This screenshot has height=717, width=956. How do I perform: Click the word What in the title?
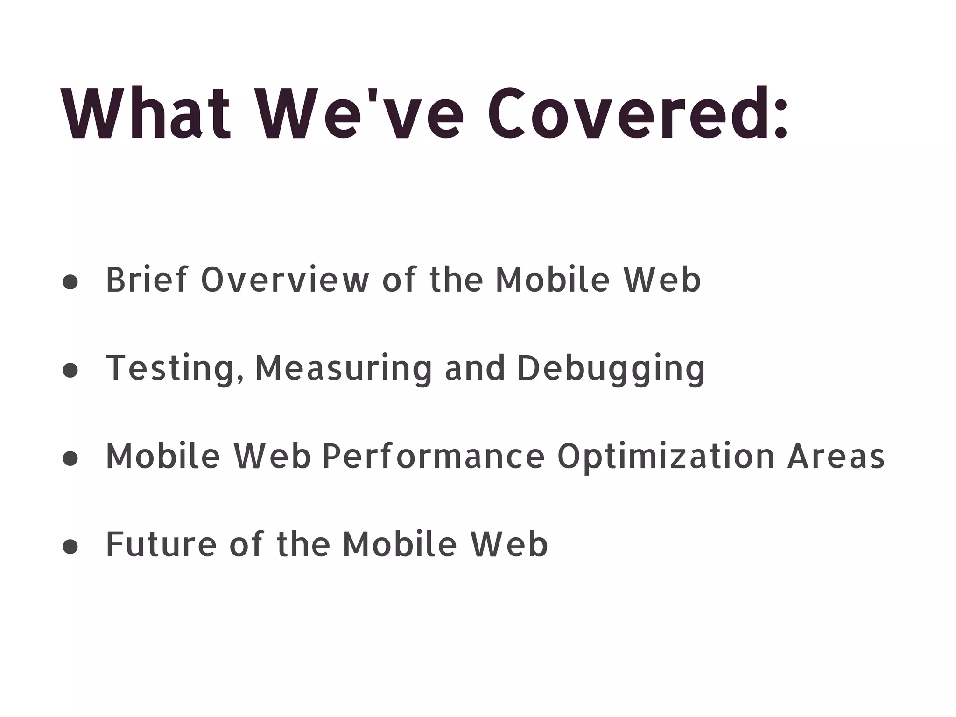pos(146,113)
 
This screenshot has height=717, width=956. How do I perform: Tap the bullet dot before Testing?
pos(70,370)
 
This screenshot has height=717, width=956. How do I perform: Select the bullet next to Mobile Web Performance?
pos(70,458)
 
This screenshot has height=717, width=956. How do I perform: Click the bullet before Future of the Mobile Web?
pos(70,546)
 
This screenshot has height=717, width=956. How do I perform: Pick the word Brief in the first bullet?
pos(146,280)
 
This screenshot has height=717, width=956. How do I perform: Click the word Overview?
pos(285,280)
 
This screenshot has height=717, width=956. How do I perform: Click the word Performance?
pos(433,457)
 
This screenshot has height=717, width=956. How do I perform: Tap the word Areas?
pos(836,457)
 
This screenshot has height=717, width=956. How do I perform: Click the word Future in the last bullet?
pos(161,545)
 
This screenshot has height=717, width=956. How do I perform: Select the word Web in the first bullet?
pos(662,280)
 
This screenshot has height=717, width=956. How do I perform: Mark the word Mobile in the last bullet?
pos(400,545)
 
